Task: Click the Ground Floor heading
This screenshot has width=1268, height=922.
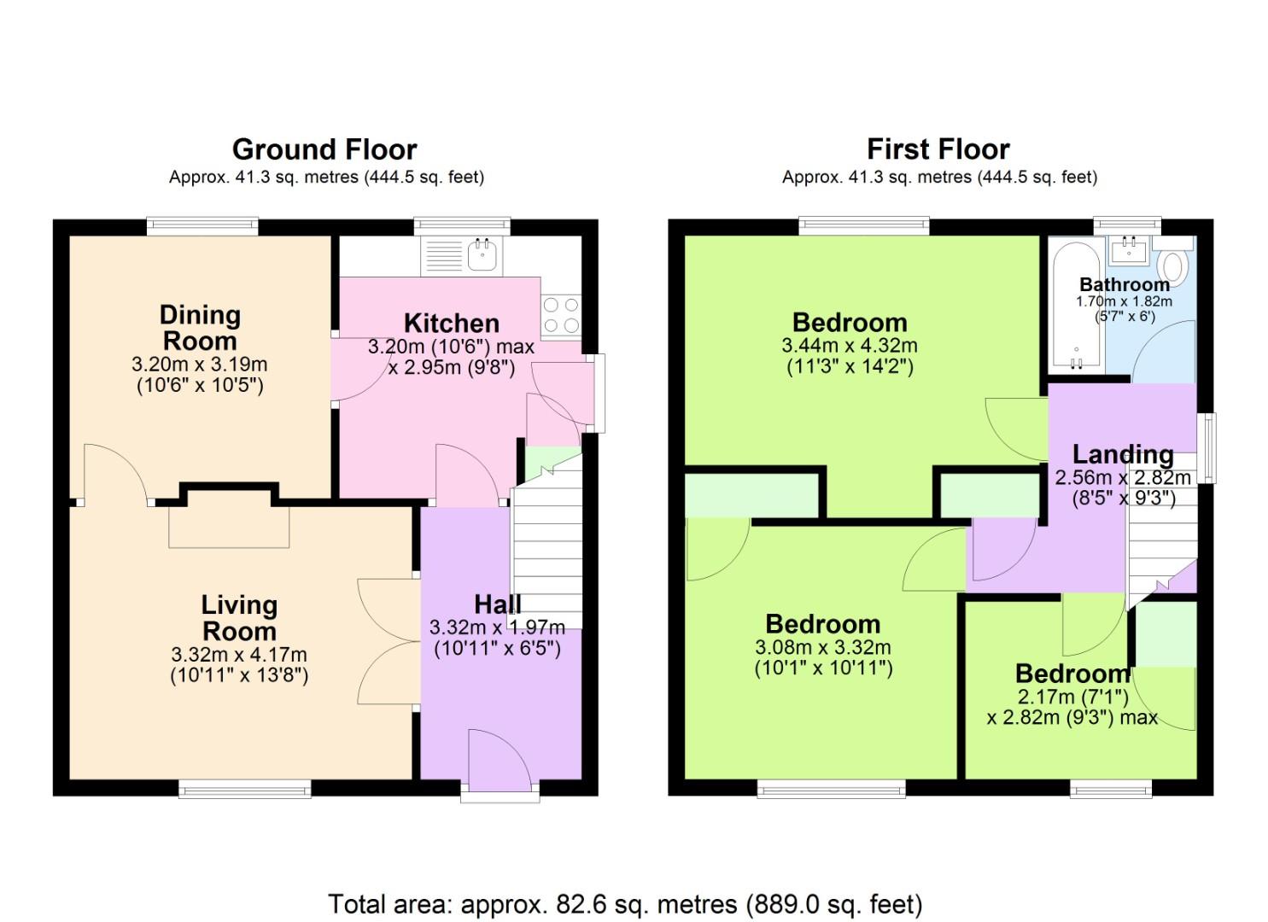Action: point(324,149)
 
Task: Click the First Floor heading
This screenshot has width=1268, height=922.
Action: point(938,149)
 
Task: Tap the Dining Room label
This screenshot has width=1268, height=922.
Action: point(200,328)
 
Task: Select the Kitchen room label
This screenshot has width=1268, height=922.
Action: point(451,323)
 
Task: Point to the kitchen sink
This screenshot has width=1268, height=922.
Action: point(483,254)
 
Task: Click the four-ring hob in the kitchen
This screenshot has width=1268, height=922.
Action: point(560,315)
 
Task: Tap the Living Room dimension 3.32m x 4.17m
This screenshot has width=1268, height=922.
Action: point(239,655)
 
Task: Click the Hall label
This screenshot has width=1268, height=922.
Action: point(497,604)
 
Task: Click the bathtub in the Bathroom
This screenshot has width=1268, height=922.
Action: point(1075,307)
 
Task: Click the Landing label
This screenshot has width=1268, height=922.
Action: point(1122,454)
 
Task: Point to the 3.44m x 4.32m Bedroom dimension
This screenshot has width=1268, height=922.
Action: point(849,346)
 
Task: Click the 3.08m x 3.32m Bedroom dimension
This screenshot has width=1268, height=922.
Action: point(822,647)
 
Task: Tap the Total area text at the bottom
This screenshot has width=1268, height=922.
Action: point(625,903)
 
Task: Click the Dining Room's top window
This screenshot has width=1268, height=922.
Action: point(202,226)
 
